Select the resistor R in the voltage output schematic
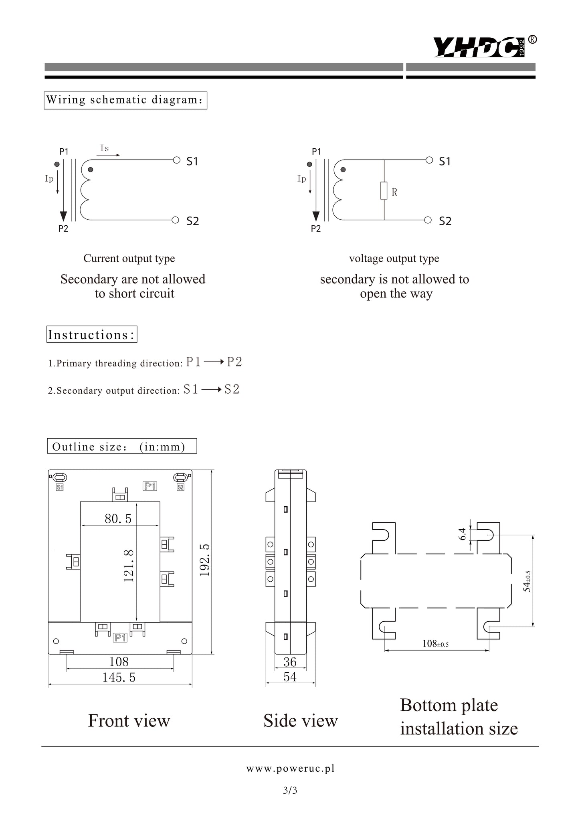[x=384, y=190]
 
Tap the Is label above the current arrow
[x=104, y=148]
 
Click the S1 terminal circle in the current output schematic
[x=176, y=160]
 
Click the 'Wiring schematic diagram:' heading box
[x=125, y=100]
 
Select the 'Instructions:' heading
[x=92, y=334]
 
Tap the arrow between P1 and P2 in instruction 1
[x=214, y=362]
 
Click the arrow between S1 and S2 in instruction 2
[x=211, y=390]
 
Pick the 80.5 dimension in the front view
[x=118, y=519]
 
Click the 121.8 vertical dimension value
[x=128, y=566]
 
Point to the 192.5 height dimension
[x=205, y=560]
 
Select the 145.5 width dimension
[x=119, y=677]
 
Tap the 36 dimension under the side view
[x=290, y=661]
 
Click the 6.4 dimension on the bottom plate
[x=463, y=534]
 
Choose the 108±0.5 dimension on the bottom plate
[x=436, y=644]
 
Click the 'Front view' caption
[x=129, y=720]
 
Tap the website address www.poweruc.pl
[x=290, y=768]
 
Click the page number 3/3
[x=290, y=791]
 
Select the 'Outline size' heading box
[x=122, y=446]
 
